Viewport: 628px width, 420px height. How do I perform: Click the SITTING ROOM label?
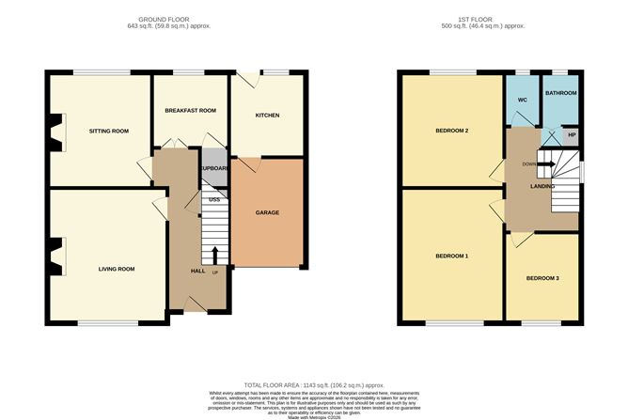click(x=108, y=131)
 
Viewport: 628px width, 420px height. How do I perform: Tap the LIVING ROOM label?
click(x=117, y=269)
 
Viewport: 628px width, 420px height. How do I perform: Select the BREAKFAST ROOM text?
click(x=190, y=111)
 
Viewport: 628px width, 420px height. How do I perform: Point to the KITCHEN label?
click(x=268, y=116)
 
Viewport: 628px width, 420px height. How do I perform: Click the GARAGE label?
click(x=267, y=212)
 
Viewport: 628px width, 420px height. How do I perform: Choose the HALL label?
click(x=198, y=271)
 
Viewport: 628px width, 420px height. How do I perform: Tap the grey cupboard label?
click(x=214, y=169)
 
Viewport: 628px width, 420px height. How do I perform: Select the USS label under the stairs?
click(x=213, y=199)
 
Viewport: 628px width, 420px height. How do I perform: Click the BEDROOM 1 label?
click(x=451, y=256)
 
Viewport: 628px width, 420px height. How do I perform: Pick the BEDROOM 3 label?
click(x=542, y=278)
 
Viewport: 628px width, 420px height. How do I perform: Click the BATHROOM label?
click(x=561, y=93)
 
